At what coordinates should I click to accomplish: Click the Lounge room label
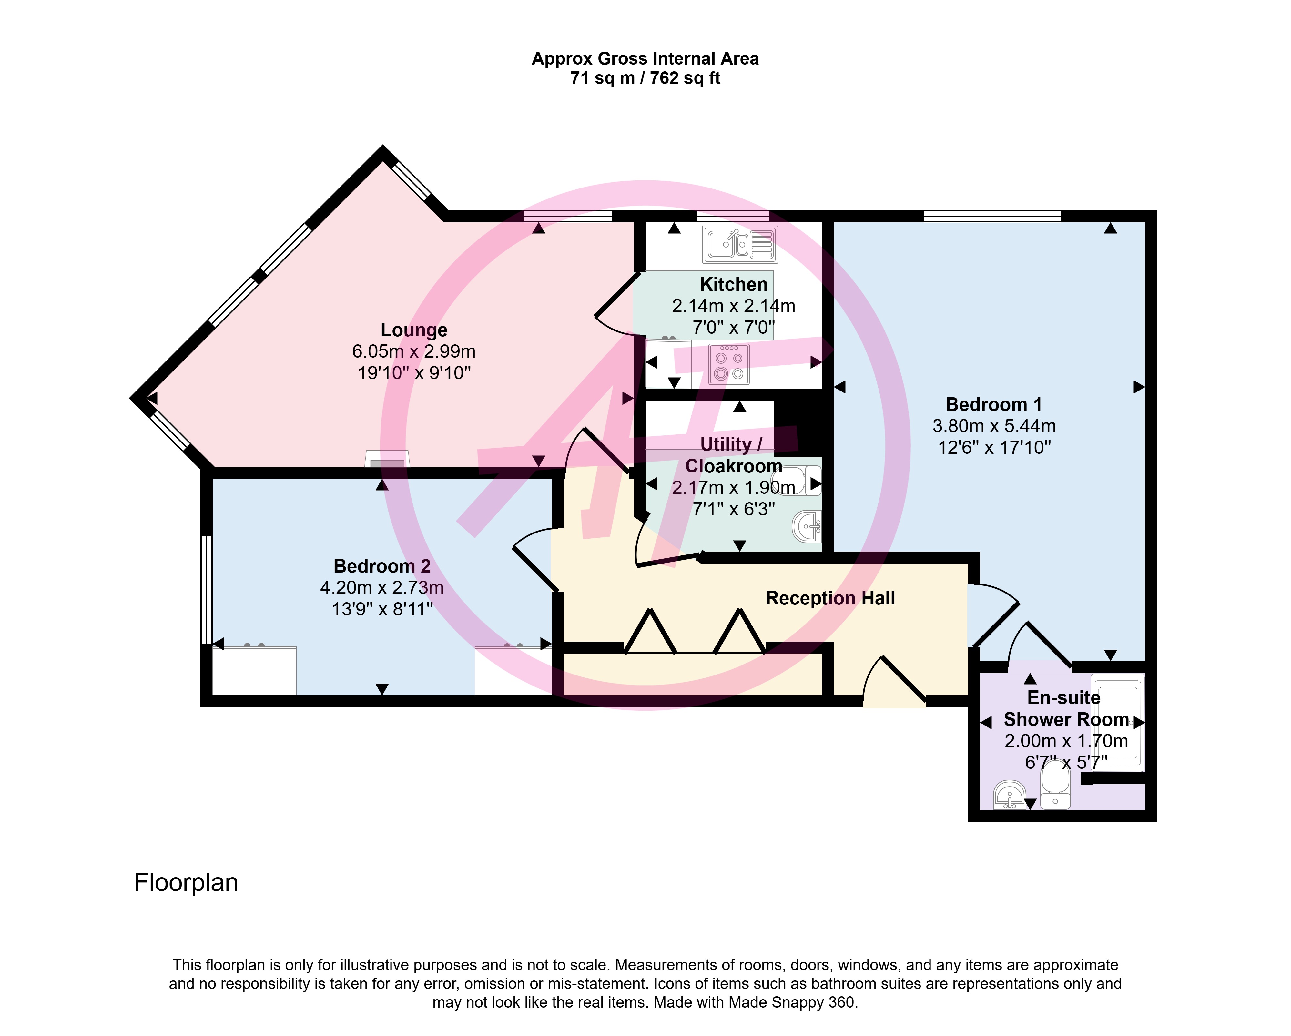tap(414, 330)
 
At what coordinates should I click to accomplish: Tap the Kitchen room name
tap(734, 284)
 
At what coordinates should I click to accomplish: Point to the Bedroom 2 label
tap(382, 566)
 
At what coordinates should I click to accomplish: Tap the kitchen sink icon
tap(740, 244)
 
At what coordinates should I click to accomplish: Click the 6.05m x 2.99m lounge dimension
tap(414, 351)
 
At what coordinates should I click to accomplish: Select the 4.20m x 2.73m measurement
tap(382, 587)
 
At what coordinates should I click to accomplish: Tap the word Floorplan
tap(186, 883)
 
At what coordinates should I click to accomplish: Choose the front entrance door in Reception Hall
tap(895, 682)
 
